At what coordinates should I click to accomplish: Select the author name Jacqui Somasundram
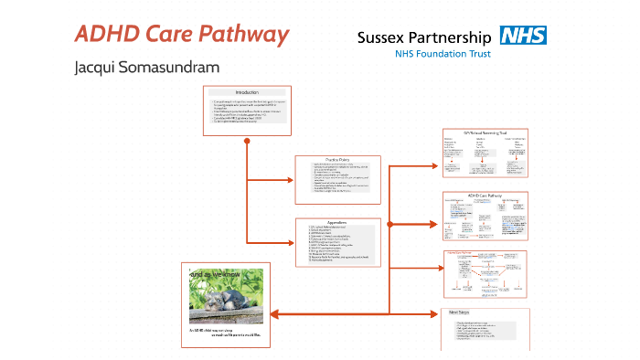[147, 69]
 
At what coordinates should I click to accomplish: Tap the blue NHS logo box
[522, 37]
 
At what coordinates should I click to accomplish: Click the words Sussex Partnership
[424, 37]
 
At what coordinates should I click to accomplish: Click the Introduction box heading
[247, 93]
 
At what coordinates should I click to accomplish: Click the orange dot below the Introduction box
[247, 142]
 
